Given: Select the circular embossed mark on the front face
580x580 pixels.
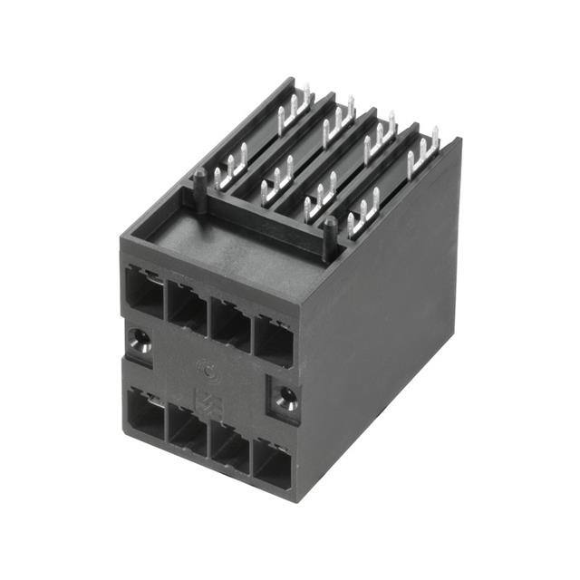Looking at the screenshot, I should coord(207,370).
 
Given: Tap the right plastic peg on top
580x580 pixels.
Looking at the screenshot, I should coord(330,234).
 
